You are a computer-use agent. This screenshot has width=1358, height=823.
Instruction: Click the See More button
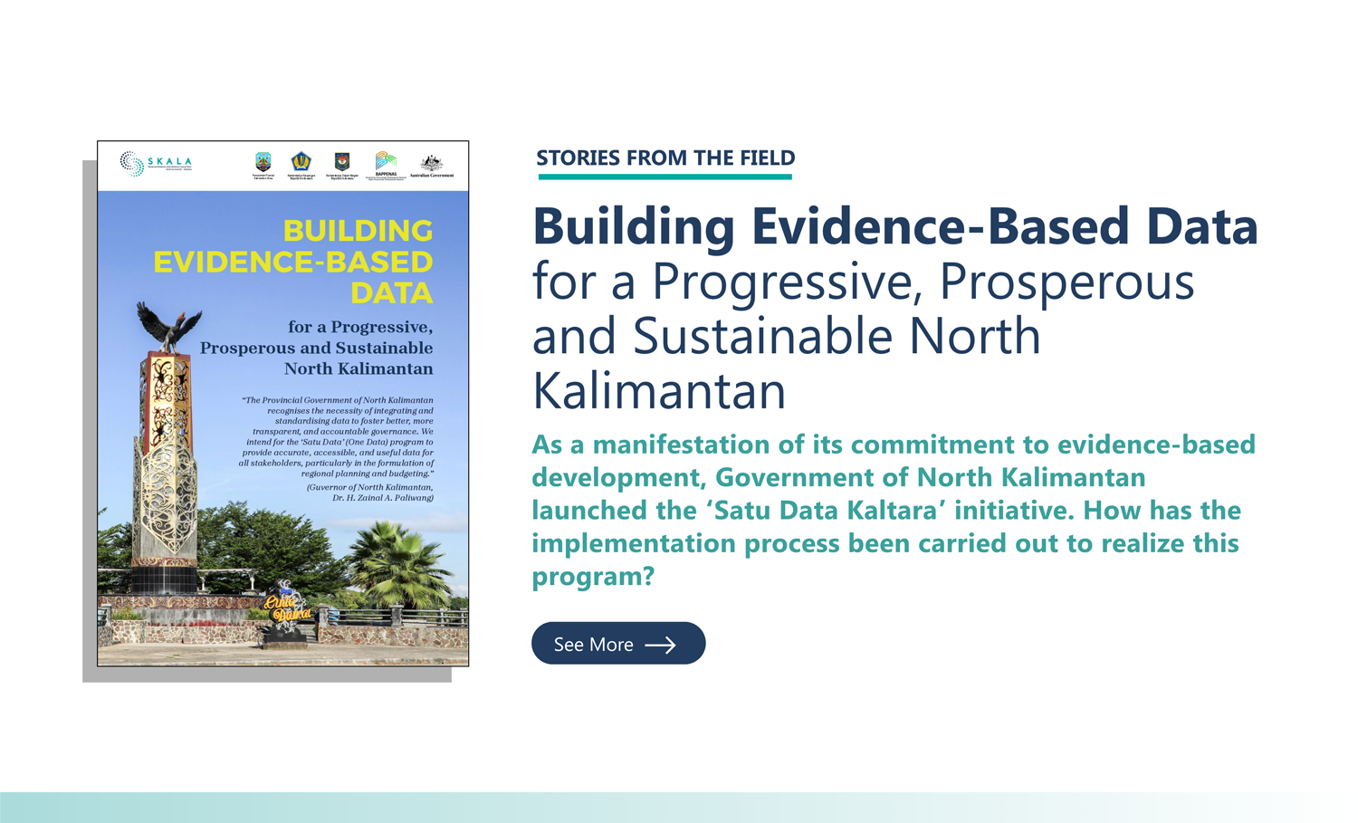(617, 644)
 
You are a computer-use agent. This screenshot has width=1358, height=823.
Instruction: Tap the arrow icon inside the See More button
(660, 645)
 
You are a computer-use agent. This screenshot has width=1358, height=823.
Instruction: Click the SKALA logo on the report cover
(156, 164)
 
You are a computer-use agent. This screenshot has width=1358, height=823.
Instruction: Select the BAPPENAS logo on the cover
(386, 165)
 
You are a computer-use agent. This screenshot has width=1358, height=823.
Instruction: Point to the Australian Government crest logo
(432, 166)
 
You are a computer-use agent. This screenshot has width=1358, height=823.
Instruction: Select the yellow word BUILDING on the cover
(358, 231)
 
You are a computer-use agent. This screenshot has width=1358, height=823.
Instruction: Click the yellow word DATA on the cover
(391, 293)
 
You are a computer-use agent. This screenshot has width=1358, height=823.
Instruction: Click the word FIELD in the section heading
(767, 158)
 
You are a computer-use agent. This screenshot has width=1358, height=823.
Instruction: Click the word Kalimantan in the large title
(658, 391)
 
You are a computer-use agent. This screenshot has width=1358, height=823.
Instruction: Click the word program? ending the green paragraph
(592, 577)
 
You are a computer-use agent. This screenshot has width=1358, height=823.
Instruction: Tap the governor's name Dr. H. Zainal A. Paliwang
(383, 498)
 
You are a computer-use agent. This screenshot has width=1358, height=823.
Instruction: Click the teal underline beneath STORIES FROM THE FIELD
(665, 177)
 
